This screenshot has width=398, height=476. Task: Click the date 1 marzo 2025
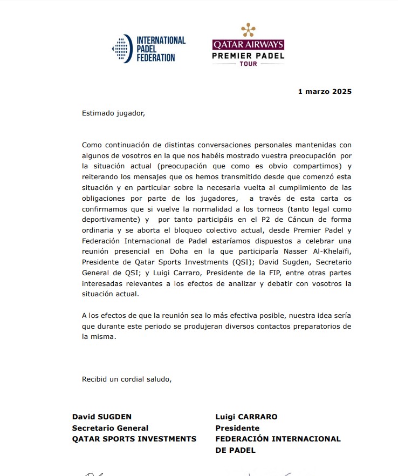[325, 92]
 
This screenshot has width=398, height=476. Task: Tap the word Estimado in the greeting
[98, 113]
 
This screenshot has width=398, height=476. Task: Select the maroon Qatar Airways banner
[248, 44]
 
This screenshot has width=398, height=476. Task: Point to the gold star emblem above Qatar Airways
[248, 30]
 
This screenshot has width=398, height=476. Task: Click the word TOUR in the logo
[248, 64]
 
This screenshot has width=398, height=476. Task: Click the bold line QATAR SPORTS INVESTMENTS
[134, 439]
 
